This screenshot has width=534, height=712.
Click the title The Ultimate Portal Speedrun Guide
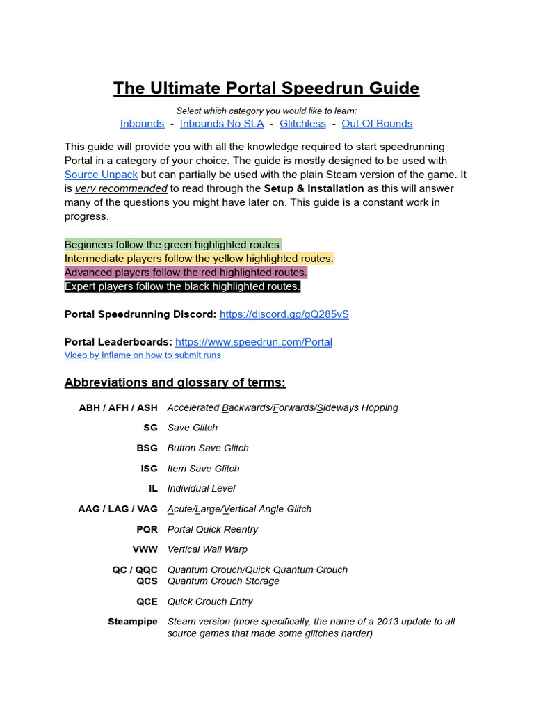tap(266, 88)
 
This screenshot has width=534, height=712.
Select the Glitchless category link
tap(302, 124)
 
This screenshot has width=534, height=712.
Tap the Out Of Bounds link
tap(377, 124)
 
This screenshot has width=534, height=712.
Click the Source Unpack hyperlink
tap(101, 175)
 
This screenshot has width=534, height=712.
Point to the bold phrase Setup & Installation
tap(314, 188)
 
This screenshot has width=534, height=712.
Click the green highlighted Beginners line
tap(173, 245)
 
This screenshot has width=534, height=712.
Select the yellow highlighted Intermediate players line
tap(199, 259)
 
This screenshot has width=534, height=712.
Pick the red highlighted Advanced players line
tap(186, 273)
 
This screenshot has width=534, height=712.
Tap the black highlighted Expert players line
tap(182, 286)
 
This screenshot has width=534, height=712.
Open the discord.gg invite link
tap(284, 314)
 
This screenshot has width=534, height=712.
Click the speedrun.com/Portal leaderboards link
tap(253, 342)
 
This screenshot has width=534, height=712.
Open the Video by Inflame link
tap(143, 355)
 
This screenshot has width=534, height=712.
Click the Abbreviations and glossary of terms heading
tap(175, 382)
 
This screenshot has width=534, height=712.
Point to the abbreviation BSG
tap(147, 448)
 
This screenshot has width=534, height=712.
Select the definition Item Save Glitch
tap(203, 469)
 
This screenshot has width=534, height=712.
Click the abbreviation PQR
tap(147, 529)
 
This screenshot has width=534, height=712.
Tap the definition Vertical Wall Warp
tap(207, 549)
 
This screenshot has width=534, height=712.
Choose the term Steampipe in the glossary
tap(133, 622)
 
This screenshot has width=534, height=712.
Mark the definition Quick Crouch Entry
tap(210, 601)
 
